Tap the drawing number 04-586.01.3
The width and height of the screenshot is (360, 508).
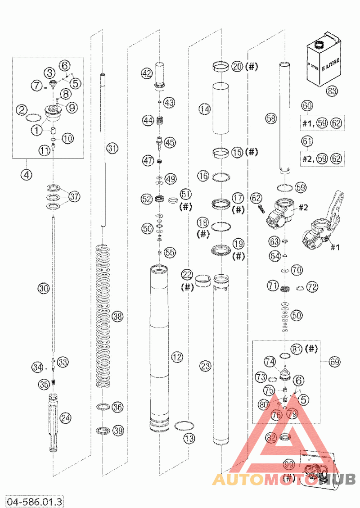pyautogui.click(x=34, y=500)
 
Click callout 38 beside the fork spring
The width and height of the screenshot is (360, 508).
pyautogui.click(x=117, y=317)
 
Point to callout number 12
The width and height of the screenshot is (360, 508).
pyautogui.click(x=177, y=358)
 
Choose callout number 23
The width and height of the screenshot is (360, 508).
pyautogui.click(x=205, y=366)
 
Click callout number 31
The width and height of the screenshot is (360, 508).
pyautogui.click(x=112, y=148)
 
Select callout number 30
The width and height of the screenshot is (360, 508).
pyautogui.click(x=43, y=288)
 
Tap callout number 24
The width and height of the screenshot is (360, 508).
pyautogui.click(x=66, y=418)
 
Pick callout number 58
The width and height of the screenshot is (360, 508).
pyautogui.click(x=271, y=118)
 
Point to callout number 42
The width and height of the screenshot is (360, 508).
pyautogui.click(x=147, y=73)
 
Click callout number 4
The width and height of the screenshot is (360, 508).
pyautogui.click(x=27, y=175)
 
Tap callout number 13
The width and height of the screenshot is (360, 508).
pyautogui.click(x=189, y=438)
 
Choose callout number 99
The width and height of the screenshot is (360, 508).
pyautogui.click(x=289, y=463)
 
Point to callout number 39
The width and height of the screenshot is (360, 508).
pyautogui.click(x=118, y=431)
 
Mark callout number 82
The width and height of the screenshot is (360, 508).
pyautogui.click(x=271, y=437)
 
